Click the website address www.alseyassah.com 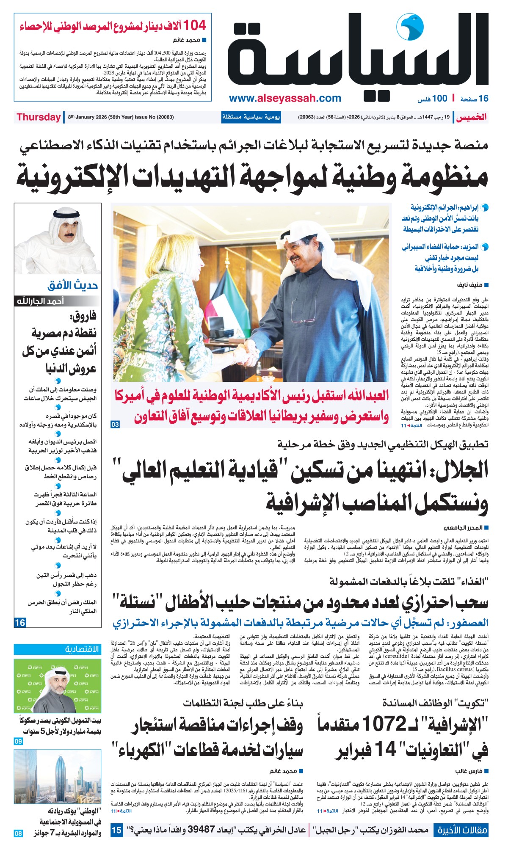tap(285, 99)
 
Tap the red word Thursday tap(39, 117)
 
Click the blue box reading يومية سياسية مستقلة tap(251, 117)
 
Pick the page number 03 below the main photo tap(115, 424)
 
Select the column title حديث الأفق tap(72, 285)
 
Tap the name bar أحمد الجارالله tap(40, 301)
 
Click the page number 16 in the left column tap(20, 623)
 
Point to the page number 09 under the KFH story tap(18, 741)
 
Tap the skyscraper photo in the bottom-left tap(58, 777)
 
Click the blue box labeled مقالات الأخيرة tap(461, 830)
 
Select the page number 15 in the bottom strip tap(116, 830)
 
